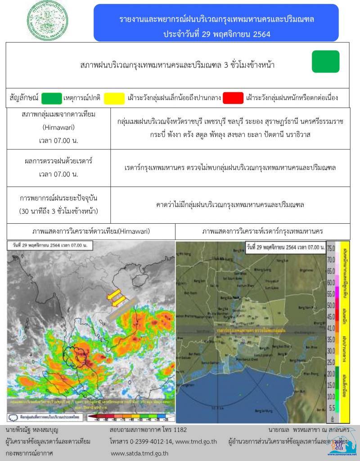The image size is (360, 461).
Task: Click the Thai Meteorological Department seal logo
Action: [x=48, y=21]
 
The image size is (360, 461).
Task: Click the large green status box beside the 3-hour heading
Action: [x=325, y=62]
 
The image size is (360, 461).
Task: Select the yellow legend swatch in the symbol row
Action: [x=114, y=98]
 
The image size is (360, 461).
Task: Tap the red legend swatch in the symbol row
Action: [x=233, y=98]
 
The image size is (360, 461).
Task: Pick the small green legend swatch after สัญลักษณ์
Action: [x=51, y=98]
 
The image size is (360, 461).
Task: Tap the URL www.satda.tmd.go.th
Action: [x=139, y=453]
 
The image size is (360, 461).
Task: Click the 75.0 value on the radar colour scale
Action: [x=331, y=249]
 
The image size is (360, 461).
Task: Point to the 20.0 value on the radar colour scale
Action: [x=331, y=374]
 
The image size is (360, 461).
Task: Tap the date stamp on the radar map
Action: [x=286, y=247]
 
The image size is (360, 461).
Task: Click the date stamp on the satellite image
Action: [x=50, y=246]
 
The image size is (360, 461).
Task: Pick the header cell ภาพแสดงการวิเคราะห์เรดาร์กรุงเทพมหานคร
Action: [x=262, y=231]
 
